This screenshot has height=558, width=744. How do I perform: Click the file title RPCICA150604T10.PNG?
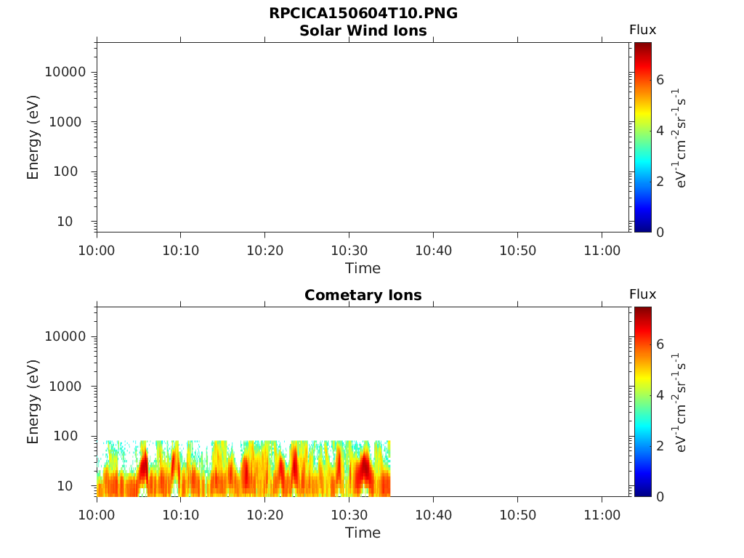click(363, 14)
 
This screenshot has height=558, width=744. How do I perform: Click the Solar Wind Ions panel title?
click(363, 31)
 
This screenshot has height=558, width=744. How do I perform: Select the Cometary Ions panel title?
click(363, 295)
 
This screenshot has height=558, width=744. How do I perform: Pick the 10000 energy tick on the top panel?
click(65, 72)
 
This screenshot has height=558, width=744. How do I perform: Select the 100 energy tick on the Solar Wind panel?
click(72, 171)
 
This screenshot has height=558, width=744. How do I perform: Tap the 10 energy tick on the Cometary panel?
click(76, 485)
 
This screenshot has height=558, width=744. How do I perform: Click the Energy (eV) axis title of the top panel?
click(33, 137)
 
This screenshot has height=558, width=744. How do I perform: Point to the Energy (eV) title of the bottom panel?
click(33, 401)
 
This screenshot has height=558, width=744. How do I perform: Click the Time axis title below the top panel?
click(363, 268)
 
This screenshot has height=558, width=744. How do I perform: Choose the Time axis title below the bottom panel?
click(363, 533)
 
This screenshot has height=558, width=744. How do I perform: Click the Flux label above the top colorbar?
click(642, 30)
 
